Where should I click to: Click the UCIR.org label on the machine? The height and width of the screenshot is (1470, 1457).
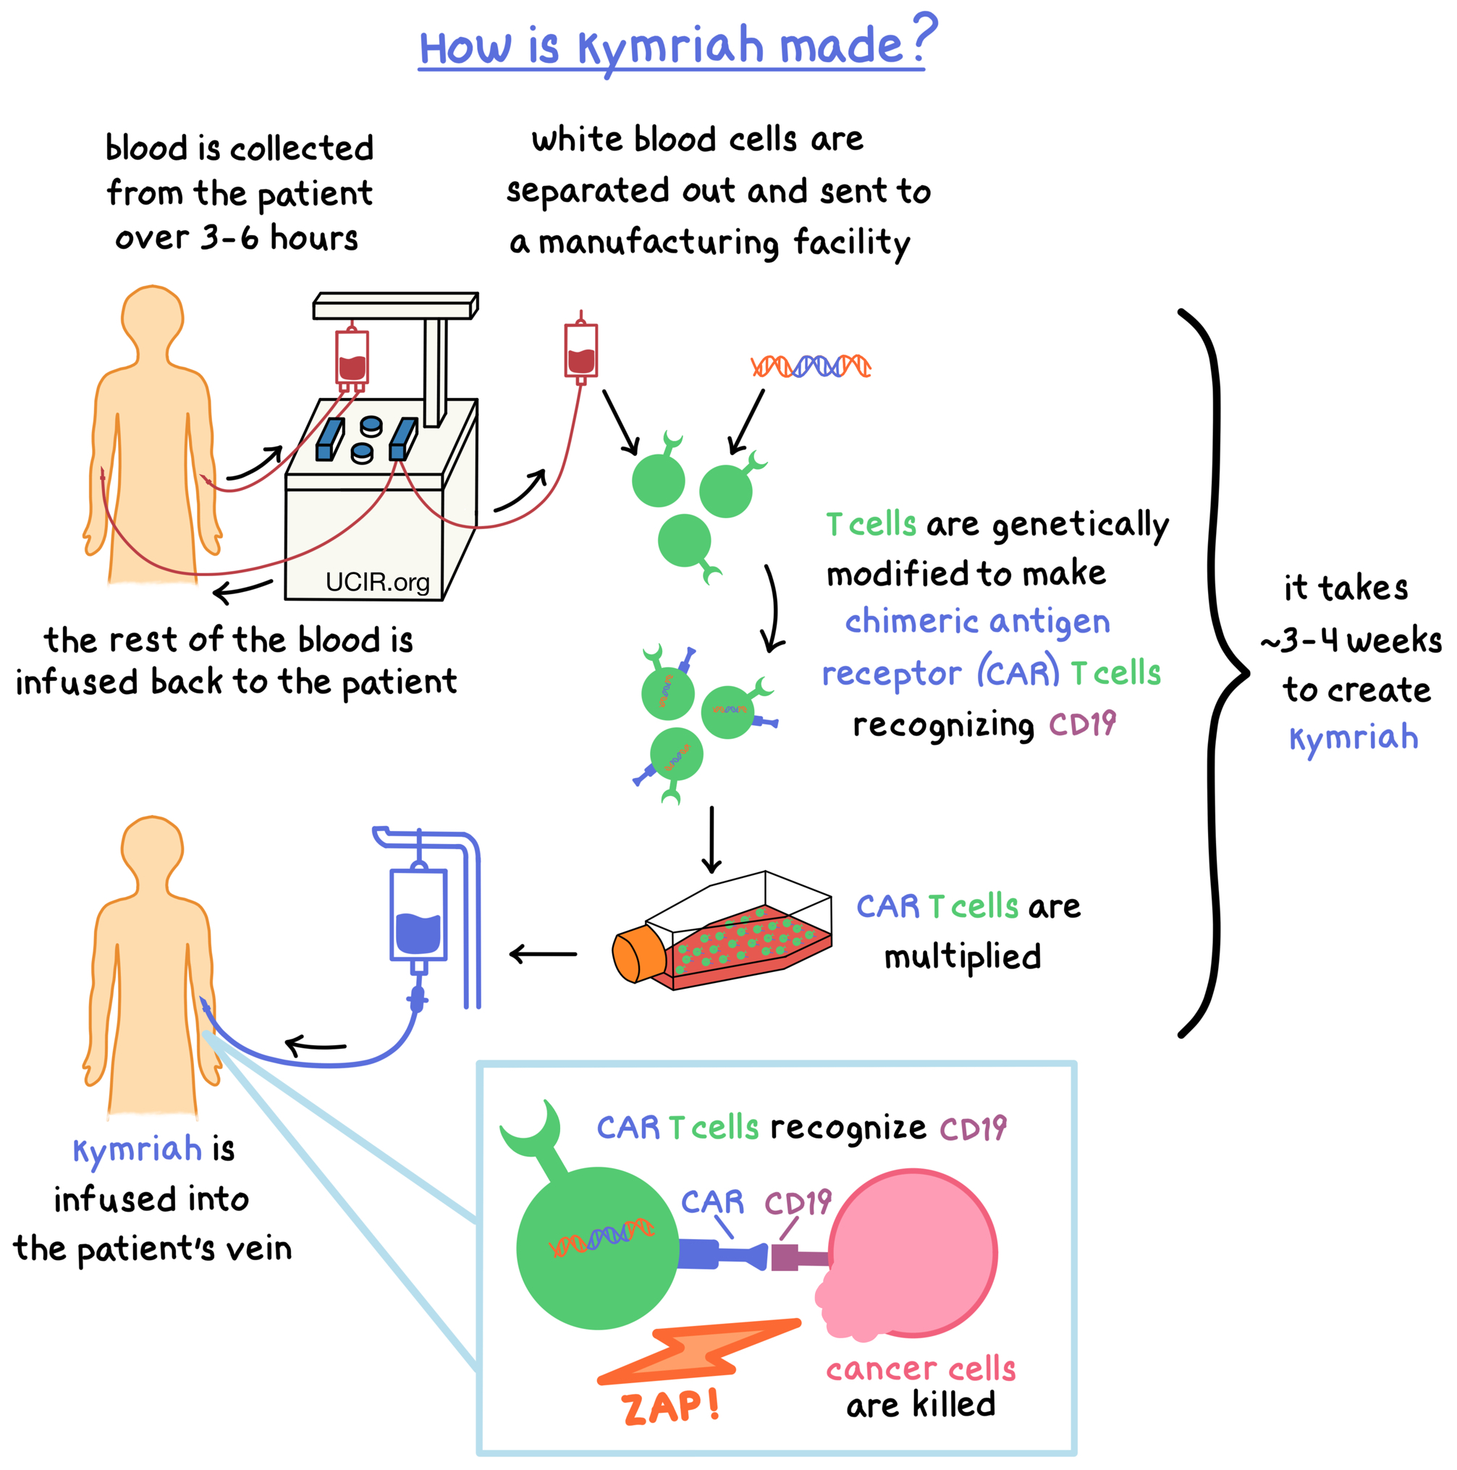tap(377, 582)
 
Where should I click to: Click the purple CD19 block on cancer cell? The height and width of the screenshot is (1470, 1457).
tap(785, 1257)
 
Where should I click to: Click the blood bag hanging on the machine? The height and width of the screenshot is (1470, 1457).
tap(352, 358)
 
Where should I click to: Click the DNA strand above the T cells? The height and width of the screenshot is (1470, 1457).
tap(811, 366)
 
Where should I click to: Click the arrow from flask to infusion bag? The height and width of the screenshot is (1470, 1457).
tap(542, 953)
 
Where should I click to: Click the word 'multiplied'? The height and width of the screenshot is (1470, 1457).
tap(962, 957)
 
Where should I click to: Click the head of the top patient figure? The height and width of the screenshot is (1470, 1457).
tap(153, 316)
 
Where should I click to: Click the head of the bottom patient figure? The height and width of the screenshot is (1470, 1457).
tap(152, 846)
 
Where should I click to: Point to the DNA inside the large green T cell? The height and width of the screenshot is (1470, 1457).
tap(601, 1237)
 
